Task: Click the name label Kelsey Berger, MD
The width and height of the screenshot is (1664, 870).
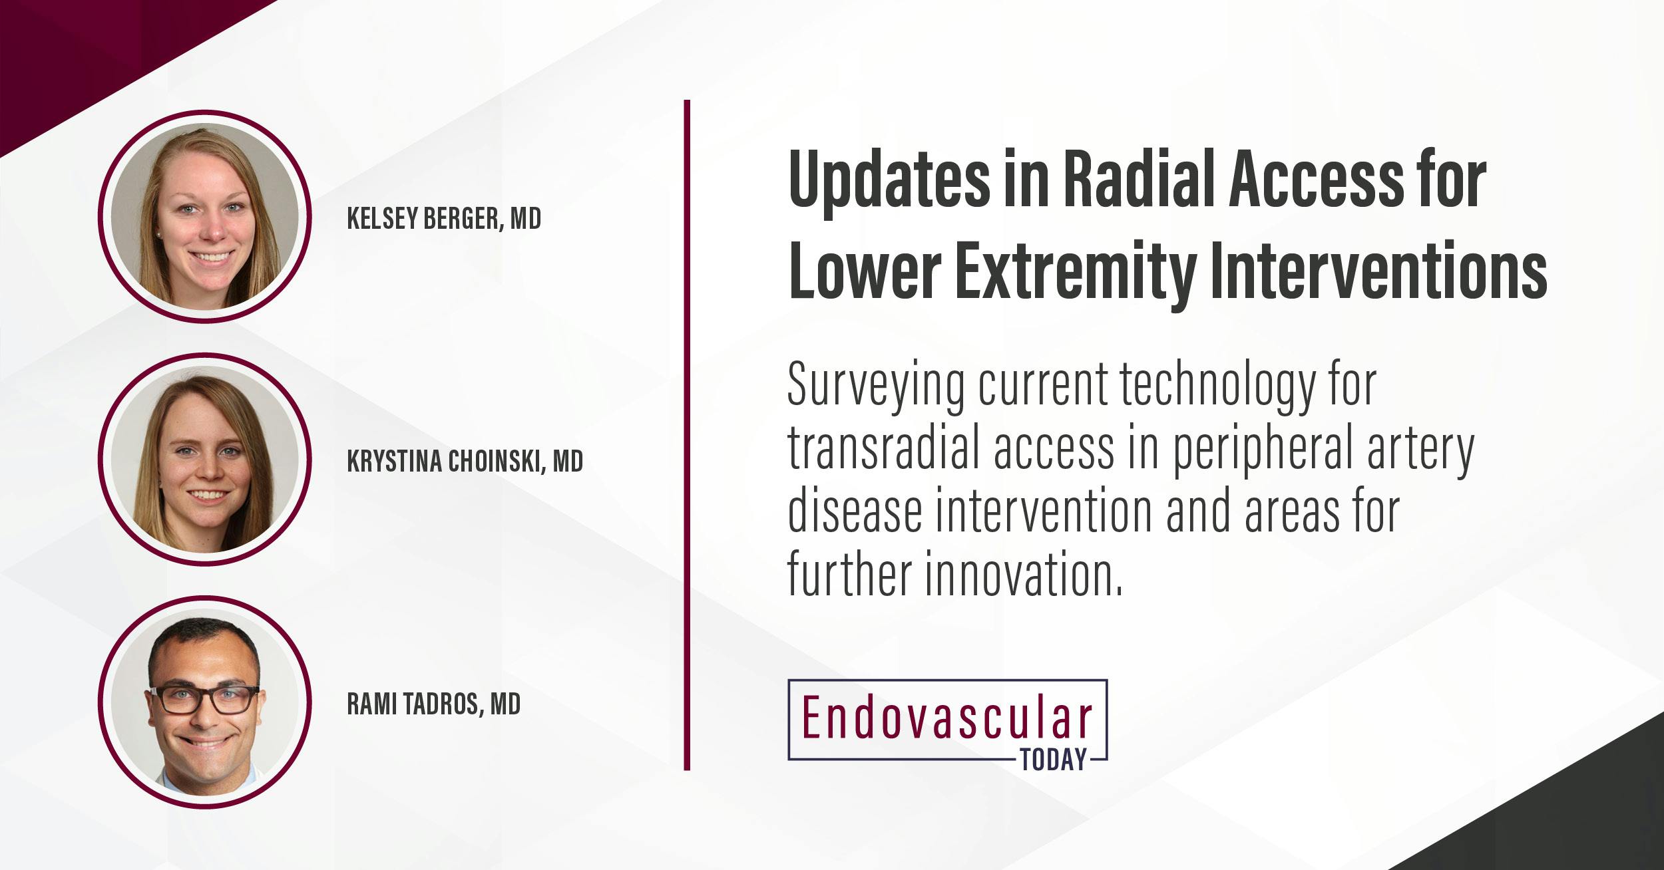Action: (x=444, y=219)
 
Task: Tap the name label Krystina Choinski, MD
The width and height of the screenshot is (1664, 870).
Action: (x=465, y=461)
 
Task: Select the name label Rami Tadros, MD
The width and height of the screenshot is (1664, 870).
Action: (x=433, y=704)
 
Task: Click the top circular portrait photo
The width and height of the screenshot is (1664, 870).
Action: (x=205, y=216)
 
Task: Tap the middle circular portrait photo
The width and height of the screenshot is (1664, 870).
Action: (x=205, y=459)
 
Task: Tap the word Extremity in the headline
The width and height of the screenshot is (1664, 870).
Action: (x=1071, y=272)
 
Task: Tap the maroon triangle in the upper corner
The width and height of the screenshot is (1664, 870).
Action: (x=80, y=47)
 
